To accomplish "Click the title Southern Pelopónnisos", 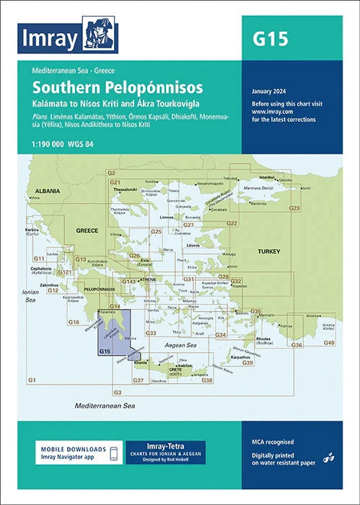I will pos(116,89).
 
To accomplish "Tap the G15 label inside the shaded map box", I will pos(105,351).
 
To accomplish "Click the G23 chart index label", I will pos(294,208).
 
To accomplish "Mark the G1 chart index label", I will pos(31,379).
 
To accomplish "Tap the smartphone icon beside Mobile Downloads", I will pos(113,452).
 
